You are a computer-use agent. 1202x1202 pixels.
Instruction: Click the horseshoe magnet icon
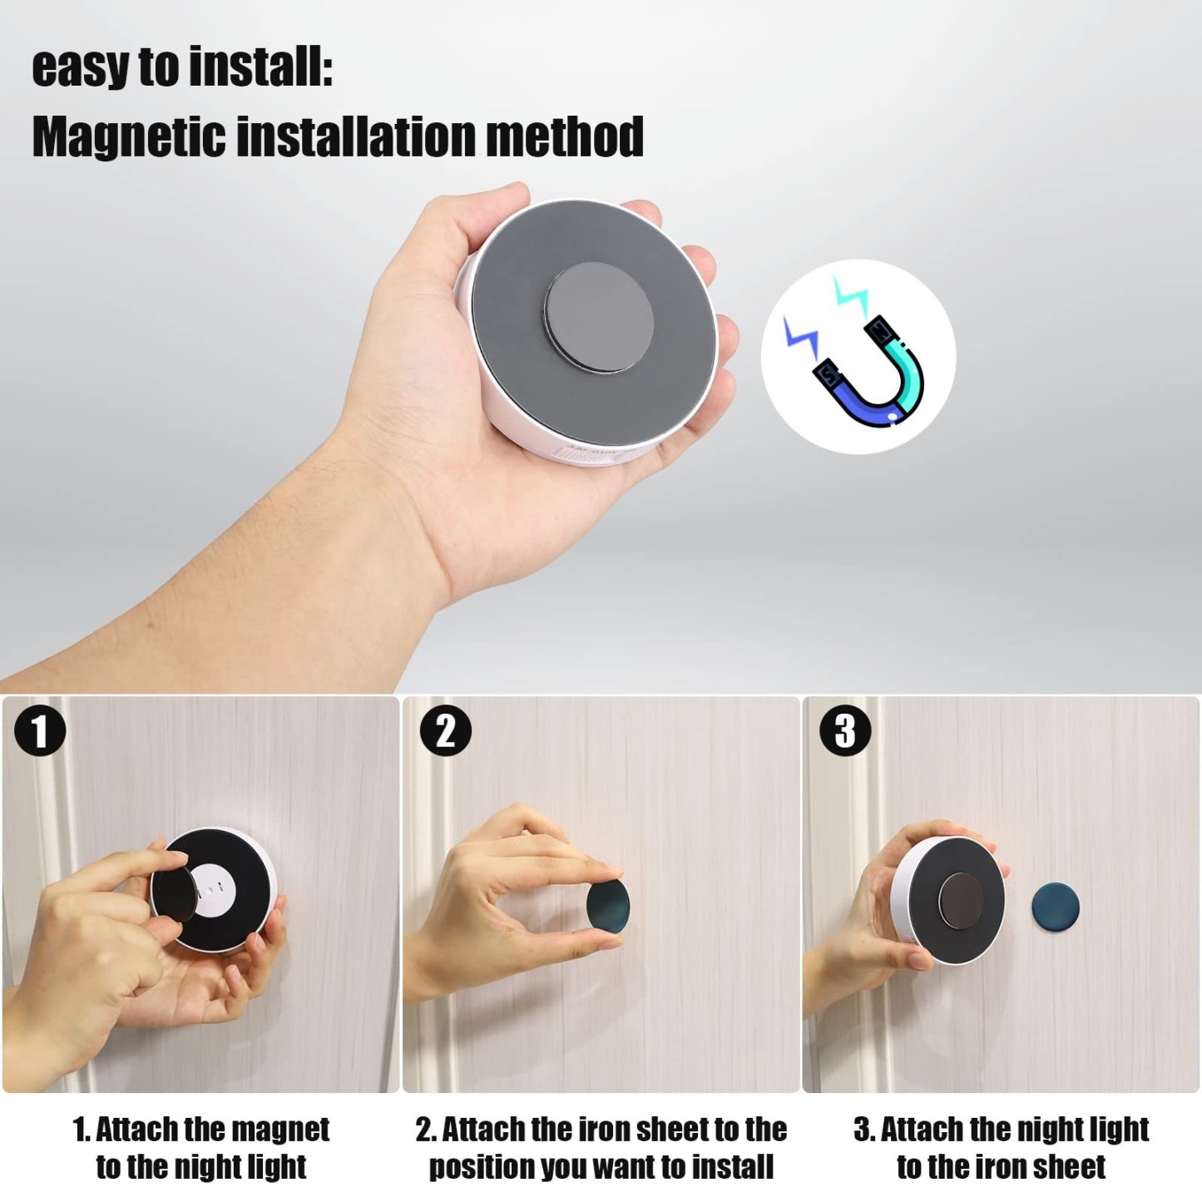[x=870, y=374]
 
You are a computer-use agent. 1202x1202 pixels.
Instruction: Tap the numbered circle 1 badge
[x=39, y=731]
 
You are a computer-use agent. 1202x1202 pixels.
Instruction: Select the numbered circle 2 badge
[x=445, y=731]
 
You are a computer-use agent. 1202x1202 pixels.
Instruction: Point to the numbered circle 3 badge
[x=845, y=731]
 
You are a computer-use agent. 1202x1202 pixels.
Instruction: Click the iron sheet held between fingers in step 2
[x=607, y=906]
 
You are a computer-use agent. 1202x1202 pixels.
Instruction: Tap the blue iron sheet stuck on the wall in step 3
[x=1055, y=907]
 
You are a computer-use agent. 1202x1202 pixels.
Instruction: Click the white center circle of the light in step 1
[x=215, y=891]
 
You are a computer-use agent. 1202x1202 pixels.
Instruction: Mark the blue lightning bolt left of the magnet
[x=802, y=337]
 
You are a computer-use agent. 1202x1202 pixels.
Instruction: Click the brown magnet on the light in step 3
[x=960, y=899]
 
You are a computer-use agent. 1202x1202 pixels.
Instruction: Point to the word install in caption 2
[x=732, y=1166]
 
